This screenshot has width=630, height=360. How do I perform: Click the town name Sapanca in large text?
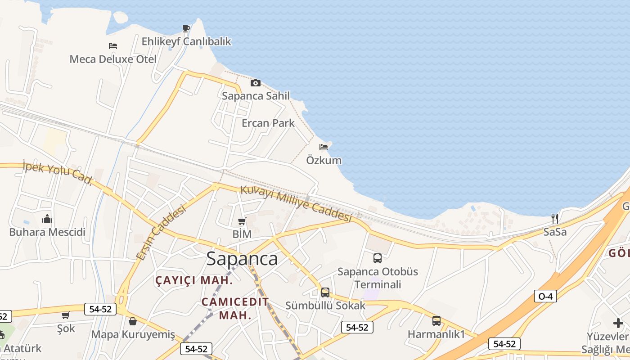tap(242, 259)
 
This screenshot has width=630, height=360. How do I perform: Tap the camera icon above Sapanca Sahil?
tap(256, 83)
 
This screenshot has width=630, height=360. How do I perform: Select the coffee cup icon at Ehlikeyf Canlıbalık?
tap(186, 29)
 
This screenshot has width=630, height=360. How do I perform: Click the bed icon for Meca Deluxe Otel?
tap(113, 46)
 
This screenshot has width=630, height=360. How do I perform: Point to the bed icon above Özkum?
tap(324, 147)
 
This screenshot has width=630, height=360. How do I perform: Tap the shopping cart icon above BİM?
tap(242, 221)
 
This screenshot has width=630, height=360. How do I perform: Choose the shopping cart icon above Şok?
tap(66, 315)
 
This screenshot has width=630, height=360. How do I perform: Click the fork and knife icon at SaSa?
tap(555, 219)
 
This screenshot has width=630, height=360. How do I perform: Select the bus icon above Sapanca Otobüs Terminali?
tap(378, 258)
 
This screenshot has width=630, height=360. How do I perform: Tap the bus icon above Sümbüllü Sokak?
tap(325, 292)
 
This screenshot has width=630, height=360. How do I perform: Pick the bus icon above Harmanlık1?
tap(436, 321)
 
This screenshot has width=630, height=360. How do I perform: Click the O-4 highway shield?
tap(545, 296)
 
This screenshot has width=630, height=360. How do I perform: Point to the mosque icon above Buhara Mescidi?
tap(47, 219)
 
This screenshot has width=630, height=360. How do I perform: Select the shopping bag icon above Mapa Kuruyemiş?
tap(133, 321)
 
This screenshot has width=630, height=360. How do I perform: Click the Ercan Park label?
tap(268, 123)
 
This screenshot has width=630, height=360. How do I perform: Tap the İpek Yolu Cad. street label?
tap(58, 173)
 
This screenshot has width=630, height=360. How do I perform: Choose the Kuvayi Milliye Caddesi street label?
tap(296, 203)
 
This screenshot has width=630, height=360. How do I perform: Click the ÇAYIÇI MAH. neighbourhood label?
tap(194, 280)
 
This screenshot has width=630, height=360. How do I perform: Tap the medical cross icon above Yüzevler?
tap(618, 323)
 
